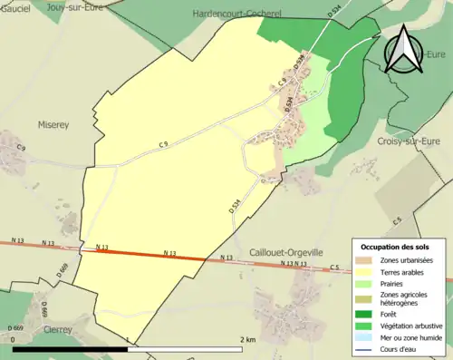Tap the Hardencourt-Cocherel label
click(x=239, y=14)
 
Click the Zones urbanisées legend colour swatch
click(x=363, y=258)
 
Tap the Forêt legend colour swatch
click(x=363, y=315)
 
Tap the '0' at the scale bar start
click(x=15, y=340)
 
